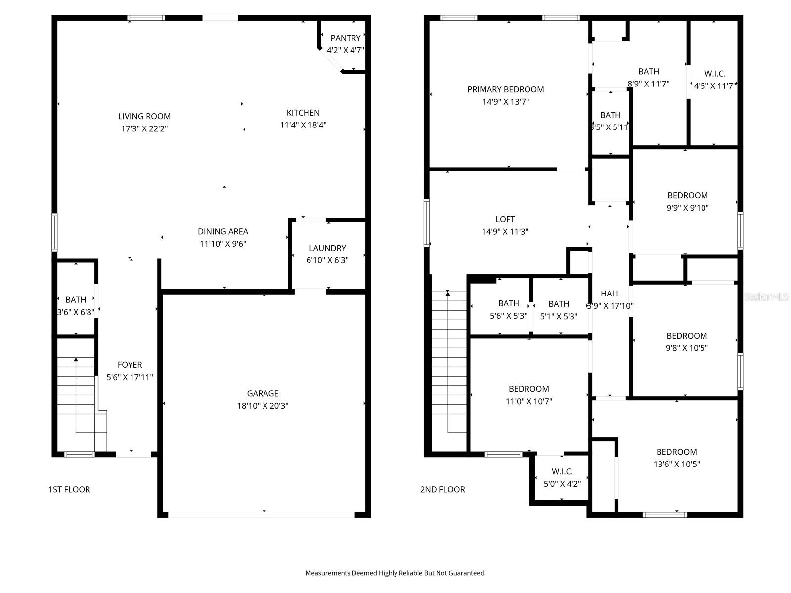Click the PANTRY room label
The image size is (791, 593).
pyautogui.click(x=346, y=38)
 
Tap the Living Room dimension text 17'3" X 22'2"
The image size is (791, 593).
pyautogui.click(x=144, y=128)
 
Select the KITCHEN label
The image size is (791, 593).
pyautogui.click(x=303, y=113)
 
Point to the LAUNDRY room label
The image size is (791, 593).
pyautogui.click(x=327, y=248)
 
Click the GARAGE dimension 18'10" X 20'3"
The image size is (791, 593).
pyautogui.click(x=263, y=406)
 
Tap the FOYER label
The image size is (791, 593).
pyautogui.click(x=130, y=365)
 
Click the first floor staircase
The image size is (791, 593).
pyautogui.click(x=77, y=395)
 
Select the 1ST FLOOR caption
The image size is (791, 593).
pyautogui.click(x=69, y=489)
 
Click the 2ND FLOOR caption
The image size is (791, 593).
pyautogui.click(x=442, y=489)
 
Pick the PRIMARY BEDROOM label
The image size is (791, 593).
pyautogui.click(x=505, y=89)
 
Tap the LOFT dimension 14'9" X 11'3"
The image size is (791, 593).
pyautogui.click(x=505, y=231)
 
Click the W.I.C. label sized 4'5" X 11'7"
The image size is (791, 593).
pyautogui.click(x=715, y=74)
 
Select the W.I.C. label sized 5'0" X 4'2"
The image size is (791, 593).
pyautogui.click(x=562, y=471)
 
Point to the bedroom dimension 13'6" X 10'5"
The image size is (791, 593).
pyautogui.click(x=676, y=464)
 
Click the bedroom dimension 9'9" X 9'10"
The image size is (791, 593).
pyautogui.click(x=687, y=208)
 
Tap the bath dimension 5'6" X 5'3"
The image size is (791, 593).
pyautogui.click(x=508, y=316)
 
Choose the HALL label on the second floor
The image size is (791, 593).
pyautogui.click(x=610, y=294)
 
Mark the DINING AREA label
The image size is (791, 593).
pyautogui.click(x=223, y=231)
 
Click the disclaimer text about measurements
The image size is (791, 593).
pyautogui.click(x=395, y=573)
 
